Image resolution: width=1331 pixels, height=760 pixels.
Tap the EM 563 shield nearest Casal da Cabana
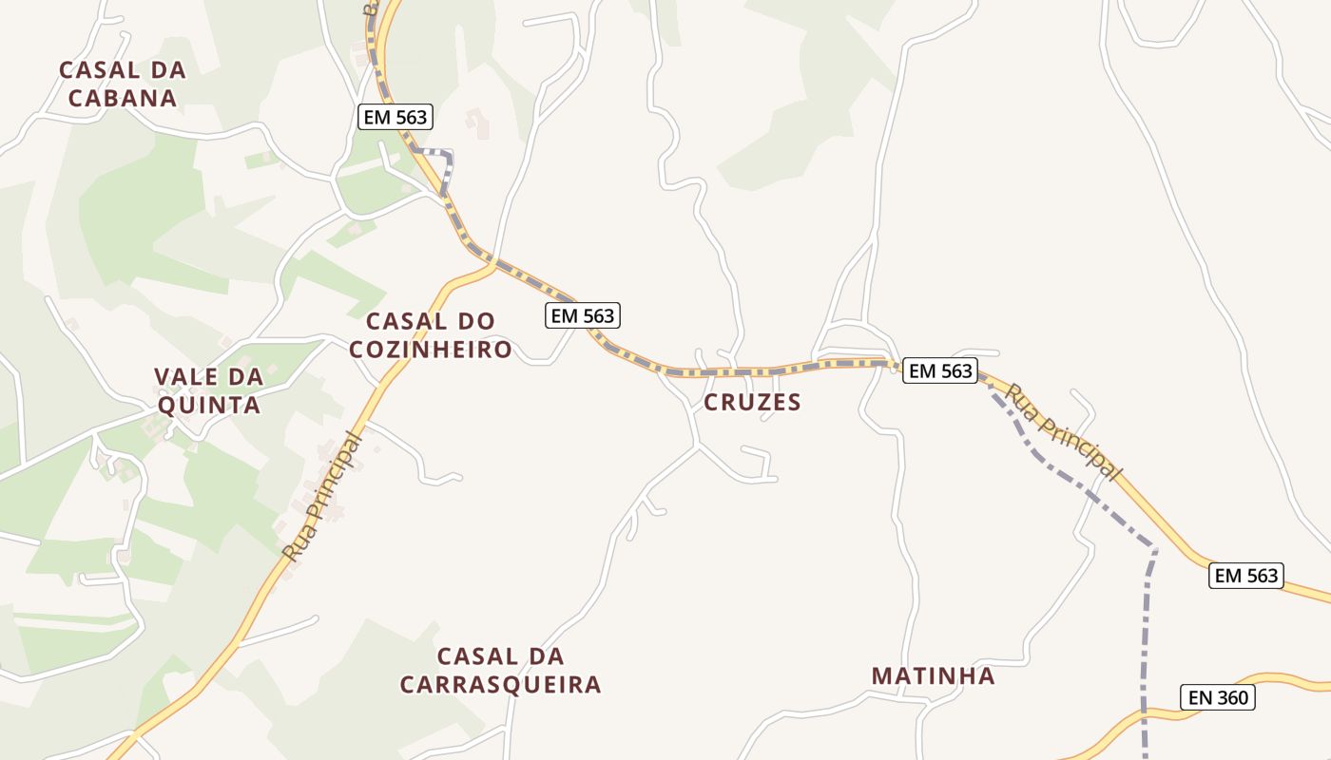tap(395, 118)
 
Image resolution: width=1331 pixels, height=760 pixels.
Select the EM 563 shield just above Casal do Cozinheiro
tap(583, 315)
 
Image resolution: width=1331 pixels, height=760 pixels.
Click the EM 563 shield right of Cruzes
tap(940, 370)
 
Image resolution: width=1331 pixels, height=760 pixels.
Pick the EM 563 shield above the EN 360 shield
tap(1245, 575)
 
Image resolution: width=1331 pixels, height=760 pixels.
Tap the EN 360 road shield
tap(1218, 697)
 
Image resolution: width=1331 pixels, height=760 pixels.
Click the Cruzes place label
tap(752, 403)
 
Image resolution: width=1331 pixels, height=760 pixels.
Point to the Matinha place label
tap(933, 676)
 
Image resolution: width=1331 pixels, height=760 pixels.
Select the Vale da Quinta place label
tap(207, 391)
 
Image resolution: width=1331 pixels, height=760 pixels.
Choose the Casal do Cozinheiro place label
tap(430, 335)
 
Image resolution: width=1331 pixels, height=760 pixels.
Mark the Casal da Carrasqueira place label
tap(500, 671)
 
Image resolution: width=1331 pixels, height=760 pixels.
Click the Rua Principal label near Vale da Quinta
tap(323, 496)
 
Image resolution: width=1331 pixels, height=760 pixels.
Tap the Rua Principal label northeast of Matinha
tap(1064, 430)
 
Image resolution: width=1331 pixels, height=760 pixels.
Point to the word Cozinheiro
tap(430, 350)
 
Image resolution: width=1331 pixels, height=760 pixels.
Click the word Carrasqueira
tap(500, 685)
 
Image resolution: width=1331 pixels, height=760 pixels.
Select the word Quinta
tap(207, 406)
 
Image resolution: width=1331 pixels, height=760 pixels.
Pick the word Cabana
tap(122, 98)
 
